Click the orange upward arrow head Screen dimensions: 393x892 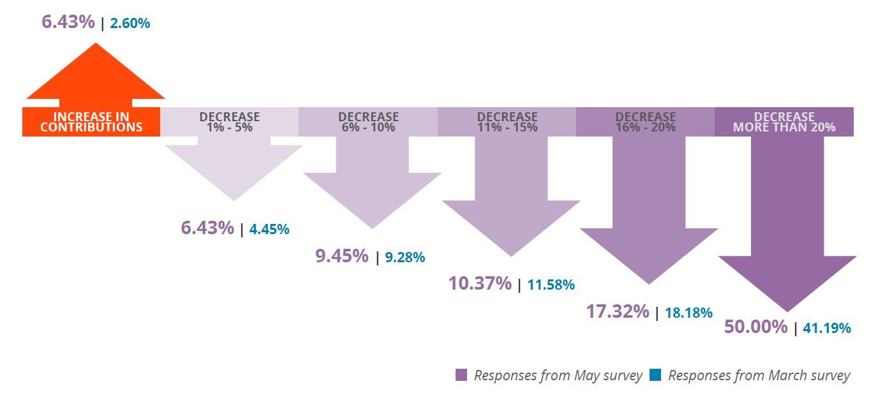[x=96, y=73]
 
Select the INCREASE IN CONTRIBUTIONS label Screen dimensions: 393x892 [x=91, y=122]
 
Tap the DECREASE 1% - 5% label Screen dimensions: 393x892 [x=230, y=122]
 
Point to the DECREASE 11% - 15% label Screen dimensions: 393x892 [x=507, y=122]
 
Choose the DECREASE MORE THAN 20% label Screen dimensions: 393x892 [x=784, y=122]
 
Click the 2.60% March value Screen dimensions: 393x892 [x=130, y=24]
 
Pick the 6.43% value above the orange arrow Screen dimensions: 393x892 [x=68, y=22]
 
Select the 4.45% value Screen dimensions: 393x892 [x=269, y=229]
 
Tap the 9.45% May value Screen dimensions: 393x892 [x=342, y=256]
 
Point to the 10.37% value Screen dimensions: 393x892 [x=480, y=283]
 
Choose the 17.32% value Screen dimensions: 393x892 [x=618, y=312]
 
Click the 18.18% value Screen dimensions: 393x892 [x=689, y=313]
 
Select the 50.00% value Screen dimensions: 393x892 [x=756, y=327]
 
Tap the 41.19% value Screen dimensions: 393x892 [x=828, y=329]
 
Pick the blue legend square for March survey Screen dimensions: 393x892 [x=655, y=374]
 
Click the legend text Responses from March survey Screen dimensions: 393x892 [x=759, y=375]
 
